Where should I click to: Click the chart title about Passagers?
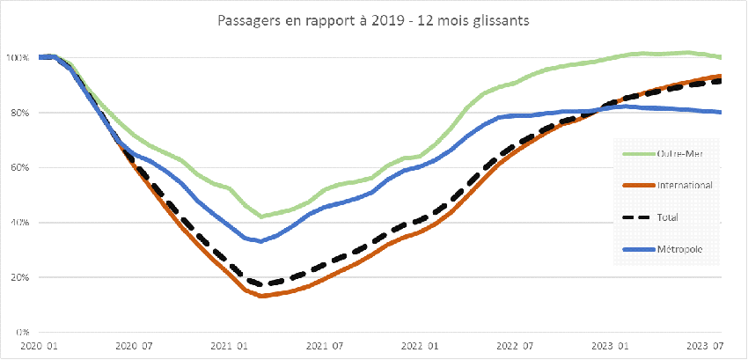click(x=373, y=20)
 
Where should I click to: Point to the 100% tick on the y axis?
click(x=18, y=58)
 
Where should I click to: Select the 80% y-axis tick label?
click(x=19, y=113)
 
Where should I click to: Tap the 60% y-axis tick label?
click(x=19, y=167)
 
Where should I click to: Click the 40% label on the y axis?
click(x=19, y=223)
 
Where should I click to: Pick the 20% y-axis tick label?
click(x=19, y=277)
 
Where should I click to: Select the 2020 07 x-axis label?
click(x=134, y=348)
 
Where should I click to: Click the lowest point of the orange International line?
click(x=261, y=296)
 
